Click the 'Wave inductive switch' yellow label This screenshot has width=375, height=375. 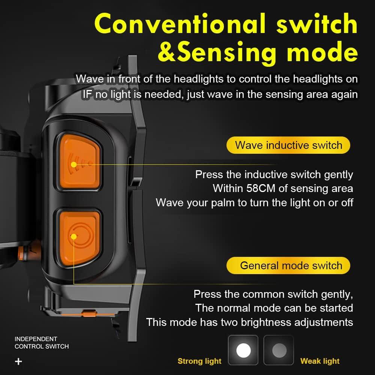[288, 145]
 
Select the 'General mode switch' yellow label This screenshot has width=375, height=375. [288, 265]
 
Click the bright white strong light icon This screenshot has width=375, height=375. [243, 350]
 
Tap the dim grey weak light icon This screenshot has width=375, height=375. [279, 350]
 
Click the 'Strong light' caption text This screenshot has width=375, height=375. [199, 361]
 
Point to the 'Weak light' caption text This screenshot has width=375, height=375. [320, 361]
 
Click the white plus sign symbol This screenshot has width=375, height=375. [18, 361]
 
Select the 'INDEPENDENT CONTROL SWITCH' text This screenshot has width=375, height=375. [41, 342]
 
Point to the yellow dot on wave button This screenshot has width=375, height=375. [73, 164]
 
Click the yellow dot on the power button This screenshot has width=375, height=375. [73, 236]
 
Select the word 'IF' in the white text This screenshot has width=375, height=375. [87, 94]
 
